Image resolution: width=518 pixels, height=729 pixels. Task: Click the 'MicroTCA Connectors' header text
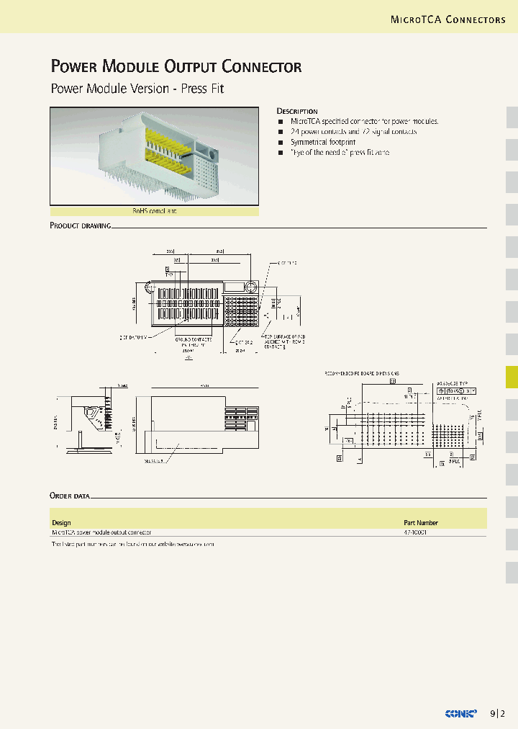pyautogui.click(x=447, y=19)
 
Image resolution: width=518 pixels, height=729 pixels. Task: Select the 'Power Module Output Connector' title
pyautogui.click(x=176, y=67)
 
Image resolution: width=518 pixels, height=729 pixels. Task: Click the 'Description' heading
pyautogui.click(x=297, y=111)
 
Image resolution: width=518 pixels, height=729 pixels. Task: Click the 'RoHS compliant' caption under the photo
pyautogui.click(x=154, y=211)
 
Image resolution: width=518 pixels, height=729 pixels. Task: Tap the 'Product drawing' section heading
pyautogui.click(x=80, y=225)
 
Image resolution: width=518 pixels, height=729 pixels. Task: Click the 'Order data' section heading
pyautogui.click(x=70, y=496)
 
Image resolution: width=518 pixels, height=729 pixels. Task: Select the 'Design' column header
pyautogui.click(x=61, y=522)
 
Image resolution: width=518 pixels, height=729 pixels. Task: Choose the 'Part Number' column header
pyautogui.click(x=420, y=522)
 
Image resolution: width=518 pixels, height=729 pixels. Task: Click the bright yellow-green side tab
pyautogui.click(x=512, y=377)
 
